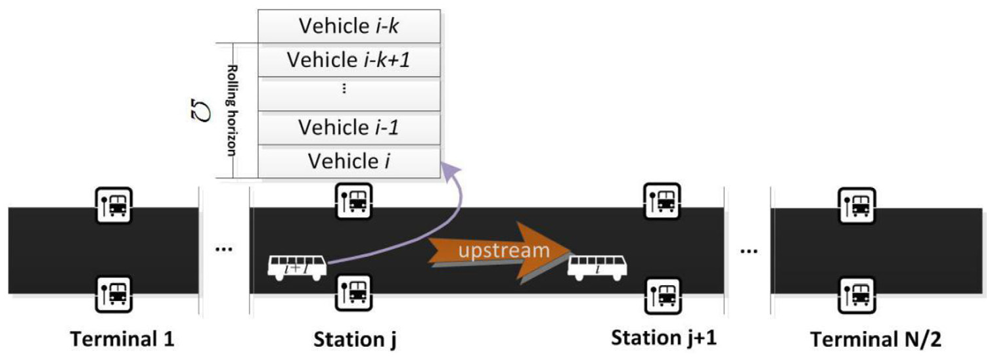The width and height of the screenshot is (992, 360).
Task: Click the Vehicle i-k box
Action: point(349,26)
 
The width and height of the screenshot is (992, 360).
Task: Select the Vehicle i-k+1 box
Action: point(349,60)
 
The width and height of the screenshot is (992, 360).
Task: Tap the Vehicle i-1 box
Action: point(349,128)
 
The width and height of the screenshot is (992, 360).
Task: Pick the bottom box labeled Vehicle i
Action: point(349,162)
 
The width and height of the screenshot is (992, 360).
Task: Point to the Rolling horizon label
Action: point(232,111)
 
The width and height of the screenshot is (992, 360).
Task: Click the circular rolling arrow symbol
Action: point(200,110)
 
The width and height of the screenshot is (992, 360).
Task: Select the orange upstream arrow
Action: point(499,252)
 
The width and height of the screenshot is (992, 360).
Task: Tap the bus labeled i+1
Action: point(297,267)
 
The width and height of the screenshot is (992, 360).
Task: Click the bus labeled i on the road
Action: point(597,267)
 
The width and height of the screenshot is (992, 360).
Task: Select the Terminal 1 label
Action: point(122,340)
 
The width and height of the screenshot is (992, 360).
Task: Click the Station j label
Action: point(355,340)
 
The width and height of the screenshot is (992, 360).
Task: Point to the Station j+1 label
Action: point(664,338)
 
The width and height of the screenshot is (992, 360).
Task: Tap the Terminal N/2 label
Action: point(876,340)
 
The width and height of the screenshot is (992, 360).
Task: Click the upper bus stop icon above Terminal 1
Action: point(114,206)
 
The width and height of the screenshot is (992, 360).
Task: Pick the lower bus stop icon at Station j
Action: point(354,293)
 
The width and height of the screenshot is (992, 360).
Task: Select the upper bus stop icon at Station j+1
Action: point(662,201)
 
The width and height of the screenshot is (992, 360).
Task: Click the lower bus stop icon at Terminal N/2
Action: point(857,295)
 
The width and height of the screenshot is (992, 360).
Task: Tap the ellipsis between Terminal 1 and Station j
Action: point(223,250)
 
